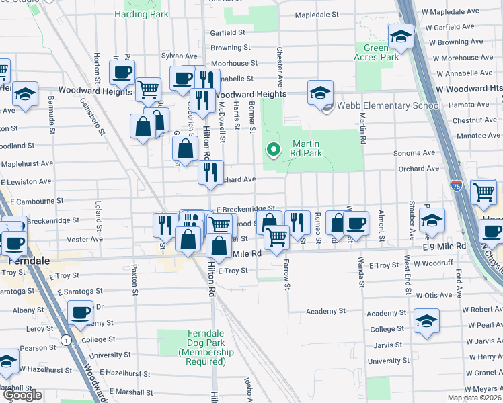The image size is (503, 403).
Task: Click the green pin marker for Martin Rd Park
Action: (x=274, y=149)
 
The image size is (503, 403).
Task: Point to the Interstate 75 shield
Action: (x=457, y=183)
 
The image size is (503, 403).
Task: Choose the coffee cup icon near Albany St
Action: (x=81, y=312)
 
